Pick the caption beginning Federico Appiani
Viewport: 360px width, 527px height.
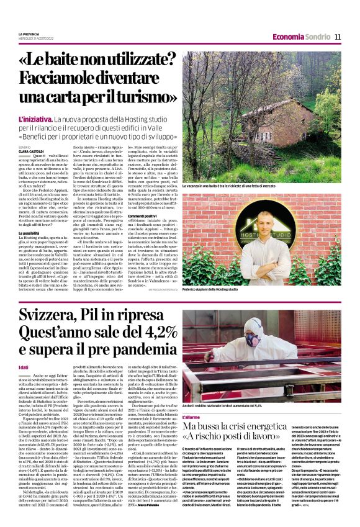[x=210, y=289]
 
